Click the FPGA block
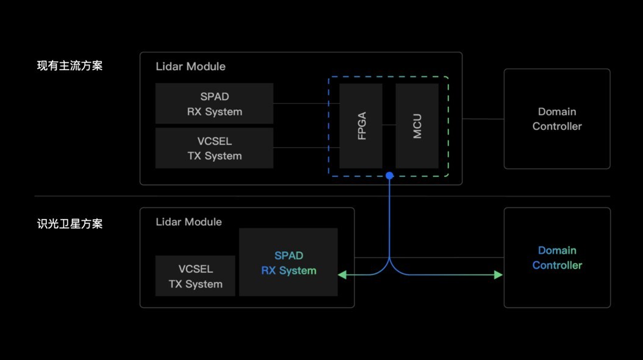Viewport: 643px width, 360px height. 361,126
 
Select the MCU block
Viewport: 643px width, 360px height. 417,126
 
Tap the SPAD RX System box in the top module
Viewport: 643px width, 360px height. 214,104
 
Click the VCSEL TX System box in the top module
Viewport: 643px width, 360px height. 214,148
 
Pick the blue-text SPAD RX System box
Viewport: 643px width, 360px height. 289,262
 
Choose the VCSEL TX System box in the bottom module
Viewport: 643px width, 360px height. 195,276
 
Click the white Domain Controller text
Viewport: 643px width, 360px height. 557,119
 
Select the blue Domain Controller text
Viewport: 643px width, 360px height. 557,257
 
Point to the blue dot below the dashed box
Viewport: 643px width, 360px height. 389,176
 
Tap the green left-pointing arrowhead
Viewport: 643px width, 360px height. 342,275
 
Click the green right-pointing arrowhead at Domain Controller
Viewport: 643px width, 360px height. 498,275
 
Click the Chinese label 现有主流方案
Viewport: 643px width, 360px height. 70,66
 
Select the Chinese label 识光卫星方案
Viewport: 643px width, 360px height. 70,224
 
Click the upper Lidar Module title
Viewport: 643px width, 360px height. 190,67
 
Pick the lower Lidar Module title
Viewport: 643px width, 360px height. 189,222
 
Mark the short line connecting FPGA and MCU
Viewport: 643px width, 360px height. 389,125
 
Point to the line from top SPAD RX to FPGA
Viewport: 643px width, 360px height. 305,104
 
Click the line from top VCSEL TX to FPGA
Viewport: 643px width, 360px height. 305,148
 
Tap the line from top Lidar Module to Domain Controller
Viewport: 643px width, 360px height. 483,119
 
